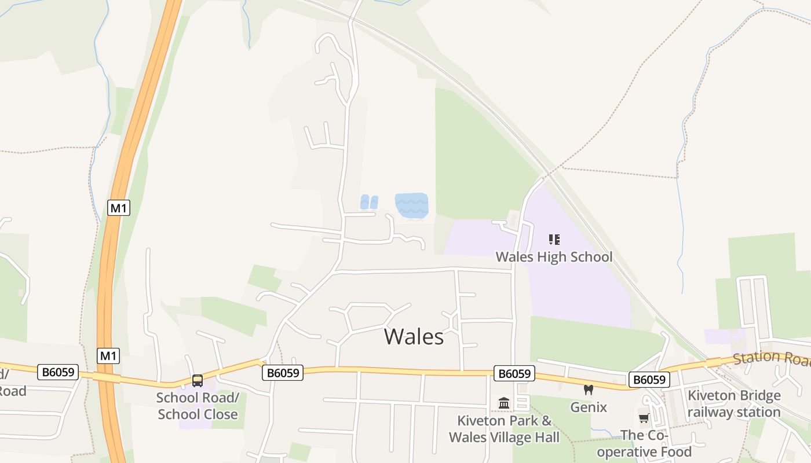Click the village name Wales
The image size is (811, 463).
pos(414,336)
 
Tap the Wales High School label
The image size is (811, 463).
pos(554,256)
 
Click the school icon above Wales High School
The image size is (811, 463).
pos(554,239)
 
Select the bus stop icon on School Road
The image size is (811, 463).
pos(198,380)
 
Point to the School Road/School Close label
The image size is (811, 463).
pos(198,406)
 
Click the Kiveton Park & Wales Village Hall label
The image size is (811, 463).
pos(504,429)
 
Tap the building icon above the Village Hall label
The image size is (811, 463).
pos(504,403)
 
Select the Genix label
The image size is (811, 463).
pos(589,407)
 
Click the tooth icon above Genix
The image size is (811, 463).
pos(589,390)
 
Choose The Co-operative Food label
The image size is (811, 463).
pos(644,443)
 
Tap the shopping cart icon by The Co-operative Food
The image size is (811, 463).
pos(644,418)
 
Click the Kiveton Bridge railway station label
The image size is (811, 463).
pos(734,404)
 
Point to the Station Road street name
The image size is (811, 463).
pos(770,359)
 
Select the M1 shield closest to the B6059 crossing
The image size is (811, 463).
pos(108,355)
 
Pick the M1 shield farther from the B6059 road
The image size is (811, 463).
pos(119,208)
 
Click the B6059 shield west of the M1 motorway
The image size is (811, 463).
pos(58,372)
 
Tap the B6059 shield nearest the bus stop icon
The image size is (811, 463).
pos(283,373)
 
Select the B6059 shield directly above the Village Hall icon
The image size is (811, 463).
pos(514,373)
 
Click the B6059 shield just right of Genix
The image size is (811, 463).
pos(649,380)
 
